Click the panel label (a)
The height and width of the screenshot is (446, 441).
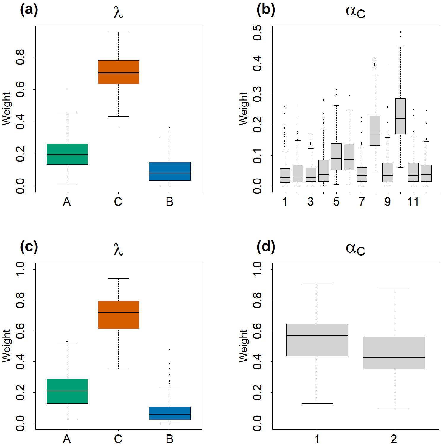(29, 11)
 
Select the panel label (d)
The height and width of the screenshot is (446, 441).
(266, 247)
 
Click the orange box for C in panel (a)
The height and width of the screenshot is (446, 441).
(118, 72)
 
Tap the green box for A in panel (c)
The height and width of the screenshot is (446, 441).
(67, 391)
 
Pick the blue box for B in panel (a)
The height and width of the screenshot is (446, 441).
(170, 171)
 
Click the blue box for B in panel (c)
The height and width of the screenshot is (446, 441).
(170, 413)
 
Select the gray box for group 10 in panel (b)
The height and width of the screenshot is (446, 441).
(400, 116)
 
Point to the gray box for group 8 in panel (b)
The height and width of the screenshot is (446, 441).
(375, 131)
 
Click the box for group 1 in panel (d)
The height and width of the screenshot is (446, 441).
(317, 340)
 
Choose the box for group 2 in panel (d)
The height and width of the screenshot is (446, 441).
(394, 353)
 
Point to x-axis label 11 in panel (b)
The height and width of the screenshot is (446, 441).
(413, 202)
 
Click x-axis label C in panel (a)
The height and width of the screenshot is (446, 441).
(118, 202)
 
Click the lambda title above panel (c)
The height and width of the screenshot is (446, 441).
(118, 250)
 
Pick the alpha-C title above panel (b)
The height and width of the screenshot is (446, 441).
(355, 12)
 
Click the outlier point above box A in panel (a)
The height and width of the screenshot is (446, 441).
(67, 89)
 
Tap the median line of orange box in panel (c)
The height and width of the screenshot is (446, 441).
(118, 312)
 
